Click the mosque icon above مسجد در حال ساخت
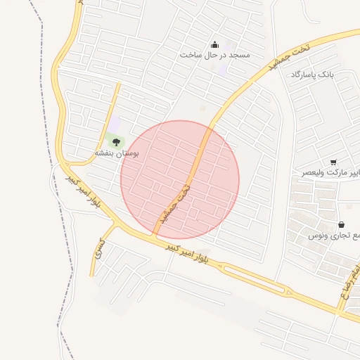point(214,44)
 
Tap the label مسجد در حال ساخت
point(214,55)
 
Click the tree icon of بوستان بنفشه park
point(116,142)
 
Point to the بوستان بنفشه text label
point(117,153)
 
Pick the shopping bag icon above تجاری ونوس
point(341,224)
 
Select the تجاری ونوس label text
point(334,236)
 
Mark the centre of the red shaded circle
point(180,179)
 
